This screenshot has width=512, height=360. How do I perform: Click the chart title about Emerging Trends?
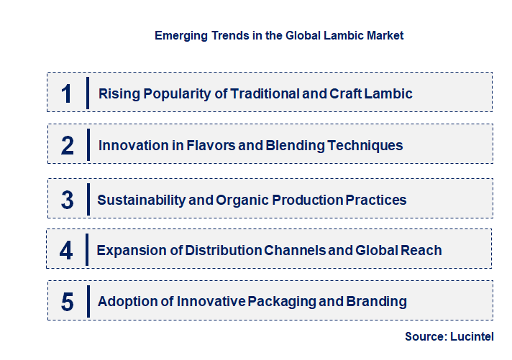pyautogui.click(x=279, y=35)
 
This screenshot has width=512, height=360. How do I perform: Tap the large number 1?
pyautogui.click(x=67, y=93)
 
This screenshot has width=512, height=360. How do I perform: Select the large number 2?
pyautogui.click(x=68, y=146)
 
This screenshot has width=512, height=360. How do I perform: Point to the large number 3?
pyautogui.click(x=68, y=200)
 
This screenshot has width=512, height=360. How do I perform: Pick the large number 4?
pyautogui.click(x=67, y=251)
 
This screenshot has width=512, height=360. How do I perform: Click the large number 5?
pyautogui.click(x=68, y=302)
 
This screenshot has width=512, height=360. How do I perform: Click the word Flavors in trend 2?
pyautogui.click(x=188, y=146)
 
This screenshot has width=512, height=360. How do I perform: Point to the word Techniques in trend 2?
pyautogui.click(x=365, y=146)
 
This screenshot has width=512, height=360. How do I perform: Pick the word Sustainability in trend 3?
pyautogui.click(x=142, y=200)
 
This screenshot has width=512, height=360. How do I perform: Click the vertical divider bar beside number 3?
pyautogui.click(x=87, y=199)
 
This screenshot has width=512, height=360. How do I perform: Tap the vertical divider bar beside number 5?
pyautogui.click(x=87, y=300)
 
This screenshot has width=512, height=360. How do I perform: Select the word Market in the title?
pyautogui.click(x=384, y=35)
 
